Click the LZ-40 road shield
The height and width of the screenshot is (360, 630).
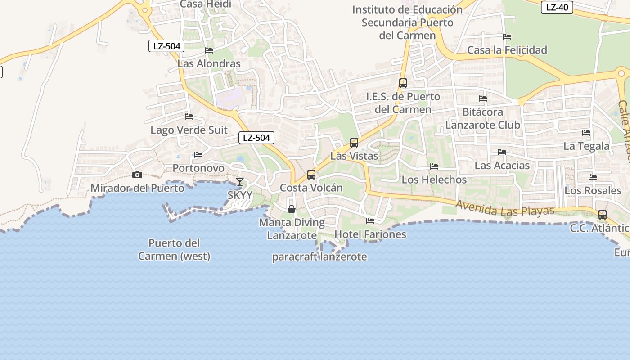tap(557, 7)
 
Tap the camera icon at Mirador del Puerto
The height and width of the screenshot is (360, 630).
tap(137, 175)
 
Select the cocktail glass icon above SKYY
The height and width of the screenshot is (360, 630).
tap(240, 182)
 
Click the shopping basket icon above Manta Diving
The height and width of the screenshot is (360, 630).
tap(292, 209)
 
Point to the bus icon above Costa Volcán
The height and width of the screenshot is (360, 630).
tap(311, 175)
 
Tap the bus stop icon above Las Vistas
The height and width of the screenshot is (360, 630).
tap(354, 143)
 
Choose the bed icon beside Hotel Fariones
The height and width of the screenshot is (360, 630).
tap(370, 221)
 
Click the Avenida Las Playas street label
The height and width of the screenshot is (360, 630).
tap(504, 208)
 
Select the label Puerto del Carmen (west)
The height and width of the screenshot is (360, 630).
tap(174, 250)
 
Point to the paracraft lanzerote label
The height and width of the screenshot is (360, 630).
tap(319, 257)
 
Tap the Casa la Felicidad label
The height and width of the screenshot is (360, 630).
tap(507, 50)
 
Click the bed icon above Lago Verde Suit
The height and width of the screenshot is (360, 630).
tap(189, 117)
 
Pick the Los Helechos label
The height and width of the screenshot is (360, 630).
tap(434, 180)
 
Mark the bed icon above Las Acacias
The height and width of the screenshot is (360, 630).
tap(502, 152)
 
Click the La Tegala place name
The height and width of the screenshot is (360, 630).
tap(586, 146)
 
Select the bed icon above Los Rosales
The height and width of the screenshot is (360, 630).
tap(593, 177)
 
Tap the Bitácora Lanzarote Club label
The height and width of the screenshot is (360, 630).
tap(483, 118)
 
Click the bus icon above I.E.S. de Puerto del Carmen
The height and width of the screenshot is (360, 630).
tap(403, 83)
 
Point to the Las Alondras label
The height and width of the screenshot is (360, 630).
tap(209, 63)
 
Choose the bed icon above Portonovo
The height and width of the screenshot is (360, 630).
tap(198, 155)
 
